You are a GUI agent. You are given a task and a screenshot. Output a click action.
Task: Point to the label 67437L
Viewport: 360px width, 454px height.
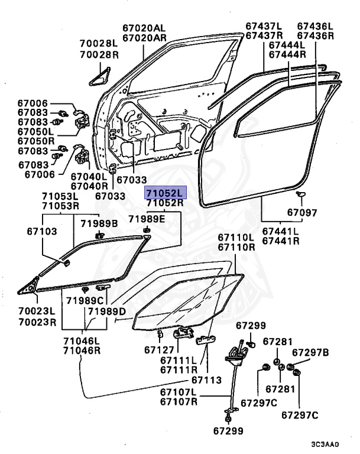pyautogui.click(x=265, y=26)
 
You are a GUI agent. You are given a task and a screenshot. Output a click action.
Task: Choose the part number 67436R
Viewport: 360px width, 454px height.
pyautogui.click(x=316, y=36)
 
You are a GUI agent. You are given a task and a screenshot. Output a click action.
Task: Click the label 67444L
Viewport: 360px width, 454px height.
pyautogui.click(x=287, y=45)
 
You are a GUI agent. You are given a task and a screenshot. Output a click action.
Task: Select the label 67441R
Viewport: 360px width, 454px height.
pyautogui.click(x=281, y=241)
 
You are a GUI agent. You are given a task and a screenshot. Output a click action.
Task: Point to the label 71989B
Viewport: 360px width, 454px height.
pyautogui.click(x=99, y=222)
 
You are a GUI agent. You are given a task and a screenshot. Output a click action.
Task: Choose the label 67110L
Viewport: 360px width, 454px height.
pyautogui.click(x=236, y=237)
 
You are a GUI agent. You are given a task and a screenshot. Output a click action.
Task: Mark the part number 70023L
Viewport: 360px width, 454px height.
pyautogui.click(x=36, y=311)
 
